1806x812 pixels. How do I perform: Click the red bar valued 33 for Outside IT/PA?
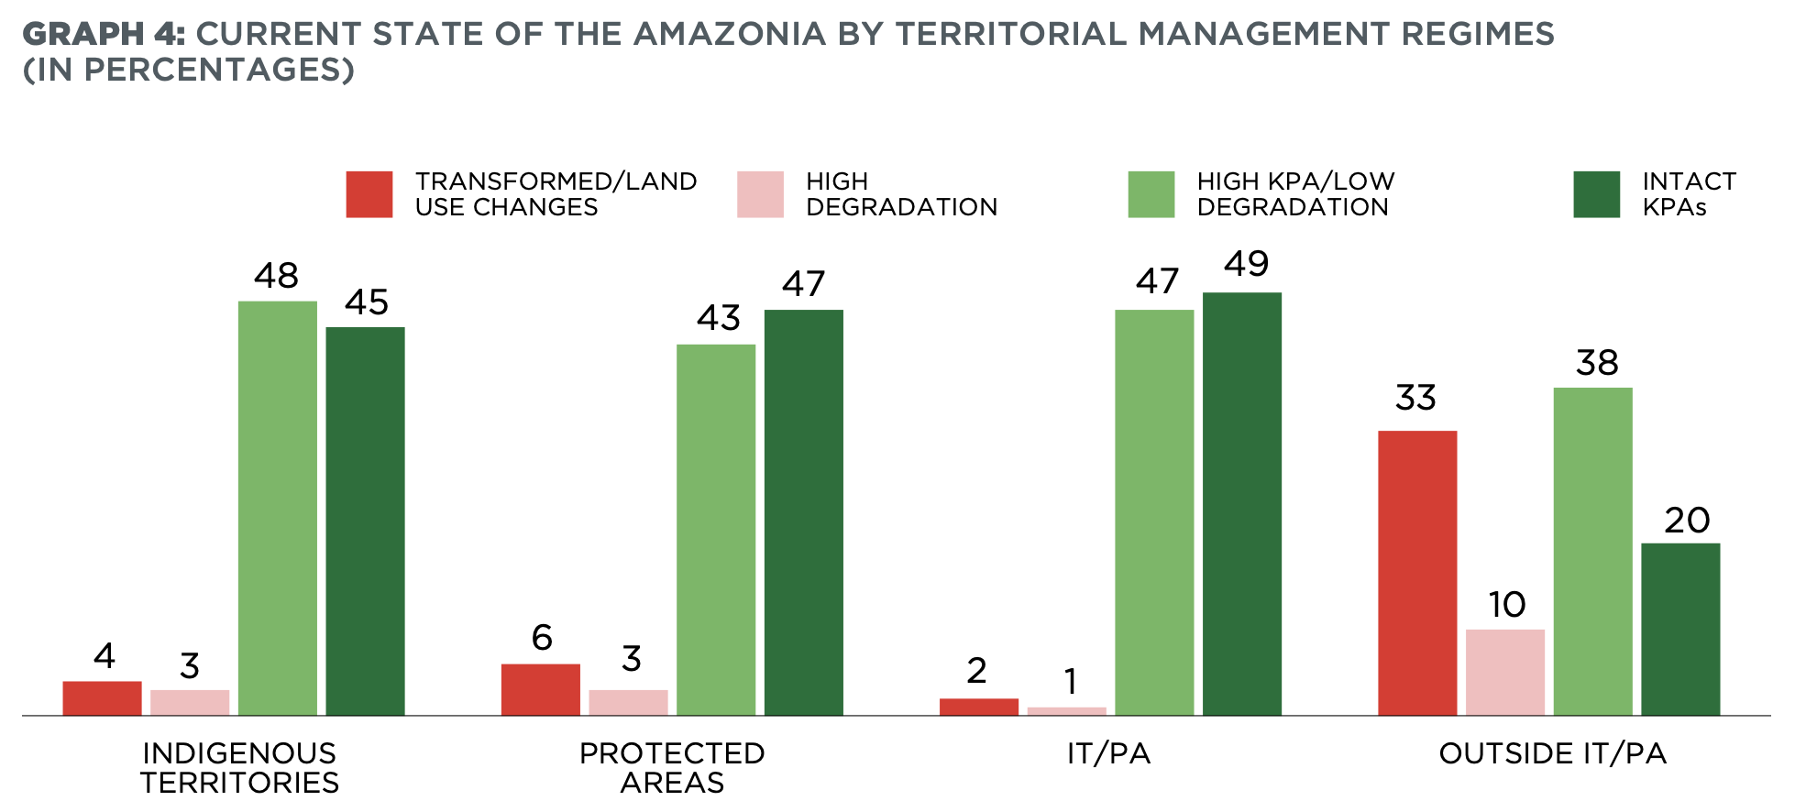click(1417, 573)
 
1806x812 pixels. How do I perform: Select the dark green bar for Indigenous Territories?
click(365, 521)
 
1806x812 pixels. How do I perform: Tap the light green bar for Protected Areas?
click(716, 530)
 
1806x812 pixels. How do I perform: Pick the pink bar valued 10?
click(1504, 672)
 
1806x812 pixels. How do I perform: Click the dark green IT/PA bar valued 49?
click(1241, 504)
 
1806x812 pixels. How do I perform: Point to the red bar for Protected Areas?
click(540, 689)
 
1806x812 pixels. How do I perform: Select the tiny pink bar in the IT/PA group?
click(1066, 710)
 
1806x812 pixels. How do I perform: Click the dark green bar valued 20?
click(1679, 629)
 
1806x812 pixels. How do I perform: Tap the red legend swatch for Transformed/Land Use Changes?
click(369, 194)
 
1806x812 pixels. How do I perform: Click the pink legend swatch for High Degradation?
click(760, 194)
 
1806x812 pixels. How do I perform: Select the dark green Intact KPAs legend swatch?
click(1596, 194)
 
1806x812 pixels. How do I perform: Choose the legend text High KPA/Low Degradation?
click(1294, 194)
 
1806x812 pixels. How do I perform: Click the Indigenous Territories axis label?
click(239, 768)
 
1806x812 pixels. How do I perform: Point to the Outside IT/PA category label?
click(1552, 753)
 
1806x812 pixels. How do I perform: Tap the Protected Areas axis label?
click(672, 768)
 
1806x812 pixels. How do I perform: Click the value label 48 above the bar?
click(276, 276)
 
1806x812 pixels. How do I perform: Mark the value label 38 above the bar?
click(1596, 363)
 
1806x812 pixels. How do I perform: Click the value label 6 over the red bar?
click(542, 638)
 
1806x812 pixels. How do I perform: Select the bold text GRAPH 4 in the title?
click(103, 34)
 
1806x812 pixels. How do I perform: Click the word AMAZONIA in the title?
click(730, 34)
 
